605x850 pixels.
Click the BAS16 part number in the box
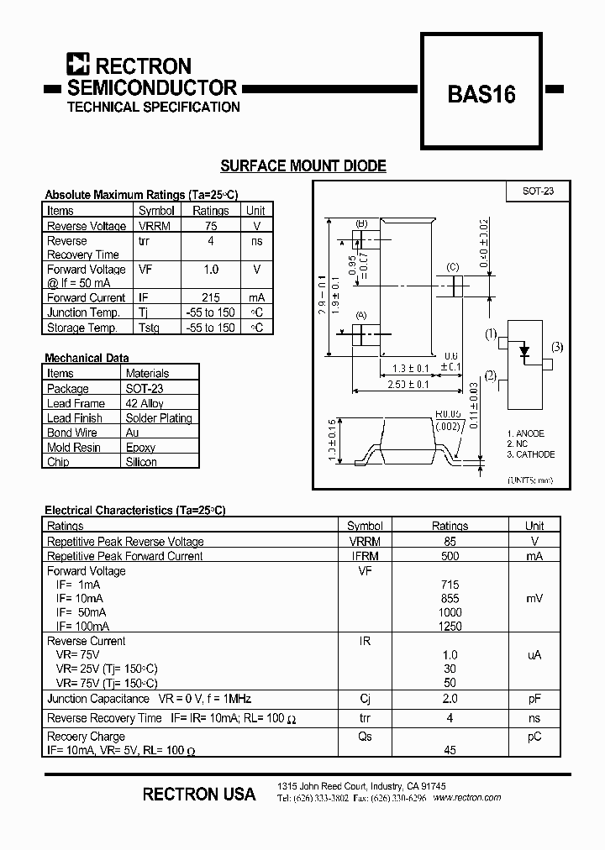[481, 93]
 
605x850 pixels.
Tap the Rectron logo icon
[78, 66]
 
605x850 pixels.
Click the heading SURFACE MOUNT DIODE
[302, 166]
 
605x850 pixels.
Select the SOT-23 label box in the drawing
[538, 192]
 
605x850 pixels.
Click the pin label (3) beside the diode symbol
[557, 347]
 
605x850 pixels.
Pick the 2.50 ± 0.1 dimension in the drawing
[408, 384]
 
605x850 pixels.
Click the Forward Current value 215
[210, 297]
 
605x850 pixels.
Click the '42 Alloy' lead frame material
[145, 403]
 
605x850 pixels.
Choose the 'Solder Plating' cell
[159, 418]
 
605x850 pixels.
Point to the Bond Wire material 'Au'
[132, 433]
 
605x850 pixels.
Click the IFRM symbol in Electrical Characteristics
[364, 556]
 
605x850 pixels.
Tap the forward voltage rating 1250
[450, 627]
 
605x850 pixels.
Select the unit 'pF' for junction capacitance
[534, 699]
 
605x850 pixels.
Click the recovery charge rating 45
[450, 750]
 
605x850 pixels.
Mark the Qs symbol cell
[364, 737]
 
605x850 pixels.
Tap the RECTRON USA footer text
[199, 794]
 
